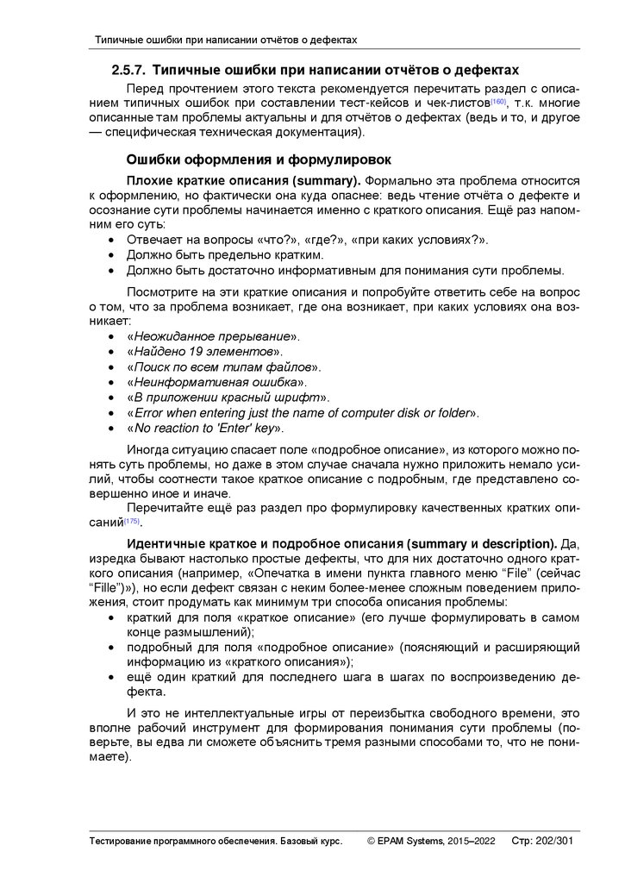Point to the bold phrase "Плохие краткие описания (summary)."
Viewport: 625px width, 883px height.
point(244,180)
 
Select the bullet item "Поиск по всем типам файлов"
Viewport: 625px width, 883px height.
point(223,366)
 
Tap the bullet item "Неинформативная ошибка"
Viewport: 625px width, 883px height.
point(216,382)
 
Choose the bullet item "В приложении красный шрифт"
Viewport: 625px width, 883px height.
point(228,398)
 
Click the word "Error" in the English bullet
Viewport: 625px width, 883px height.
point(151,413)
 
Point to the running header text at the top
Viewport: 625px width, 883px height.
point(225,40)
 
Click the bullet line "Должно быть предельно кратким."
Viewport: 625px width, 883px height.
point(225,255)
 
